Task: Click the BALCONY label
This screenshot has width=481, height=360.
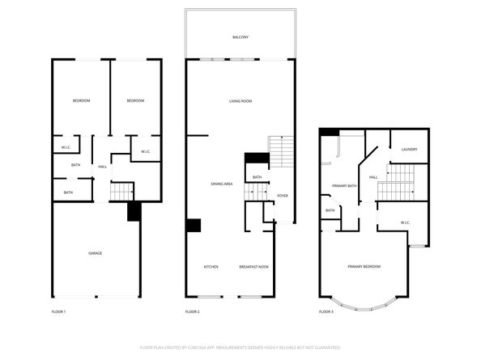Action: click(240, 37)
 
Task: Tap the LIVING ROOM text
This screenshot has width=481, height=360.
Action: click(240, 100)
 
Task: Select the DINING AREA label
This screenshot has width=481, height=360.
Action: click(222, 184)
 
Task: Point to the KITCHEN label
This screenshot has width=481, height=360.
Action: click(211, 266)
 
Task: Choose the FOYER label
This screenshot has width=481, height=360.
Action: click(283, 195)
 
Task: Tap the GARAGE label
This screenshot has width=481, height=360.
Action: click(95, 253)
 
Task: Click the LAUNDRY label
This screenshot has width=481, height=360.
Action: click(409, 149)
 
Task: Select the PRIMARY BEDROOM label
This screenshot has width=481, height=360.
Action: click(364, 266)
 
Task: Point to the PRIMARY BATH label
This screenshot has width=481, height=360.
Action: click(344, 186)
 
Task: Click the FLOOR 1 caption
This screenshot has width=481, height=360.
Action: click(58, 311)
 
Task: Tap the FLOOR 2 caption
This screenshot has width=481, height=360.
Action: click(193, 311)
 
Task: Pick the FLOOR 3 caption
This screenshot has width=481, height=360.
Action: click(326, 311)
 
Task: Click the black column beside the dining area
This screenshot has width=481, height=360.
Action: click(194, 226)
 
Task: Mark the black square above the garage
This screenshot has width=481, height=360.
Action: click(134, 211)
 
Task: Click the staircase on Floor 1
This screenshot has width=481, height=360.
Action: click(121, 192)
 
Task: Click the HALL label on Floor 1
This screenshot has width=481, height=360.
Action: click(103, 167)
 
